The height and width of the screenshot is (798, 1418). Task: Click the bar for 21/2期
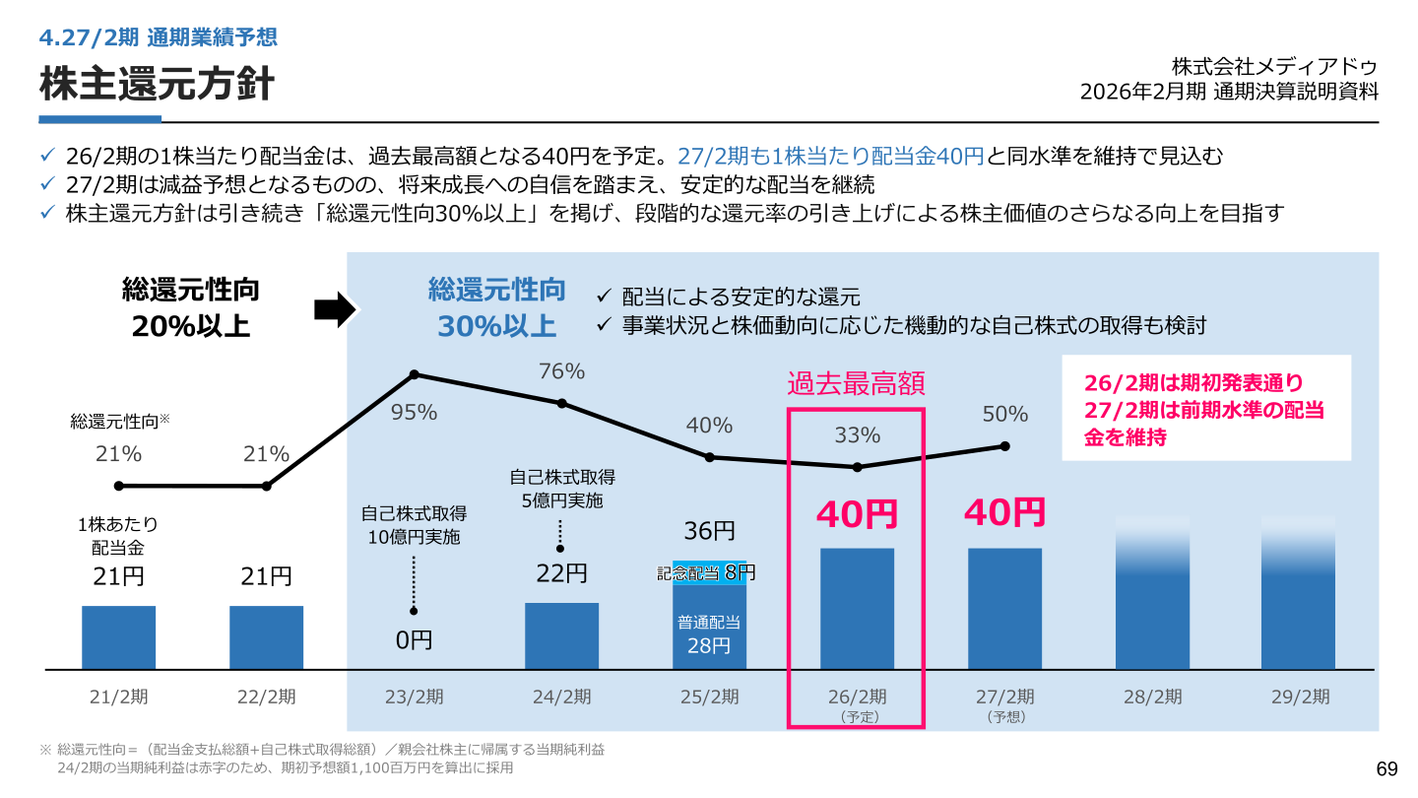pyautogui.click(x=118, y=637)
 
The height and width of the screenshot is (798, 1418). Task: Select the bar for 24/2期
pyautogui.click(x=561, y=635)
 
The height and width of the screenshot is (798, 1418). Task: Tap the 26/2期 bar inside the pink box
pyautogui.click(x=857, y=609)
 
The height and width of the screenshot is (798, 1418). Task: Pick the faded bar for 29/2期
pyautogui.click(x=1298, y=593)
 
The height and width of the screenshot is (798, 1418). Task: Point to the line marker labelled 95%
pyautogui.click(x=414, y=375)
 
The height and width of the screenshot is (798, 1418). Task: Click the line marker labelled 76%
pyautogui.click(x=561, y=404)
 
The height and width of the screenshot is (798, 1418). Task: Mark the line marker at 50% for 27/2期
pyautogui.click(x=1005, y=446)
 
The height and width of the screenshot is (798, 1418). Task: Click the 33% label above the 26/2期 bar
pyautogui.click(x=857, y=435)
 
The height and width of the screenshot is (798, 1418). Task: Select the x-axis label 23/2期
pyautogui.click(x=414, y=697)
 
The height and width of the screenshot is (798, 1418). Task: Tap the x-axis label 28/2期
pyautogui.click(x=1153, y=697)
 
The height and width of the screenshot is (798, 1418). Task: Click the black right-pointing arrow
pyautogui.click(x=335, y=309)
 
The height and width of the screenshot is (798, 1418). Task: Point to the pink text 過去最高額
pyautogui.click(x=856, y=384)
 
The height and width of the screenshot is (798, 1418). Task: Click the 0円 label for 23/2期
pyautogui.click(x=414, y=640)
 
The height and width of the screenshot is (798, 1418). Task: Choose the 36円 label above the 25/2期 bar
pyautogui.click(x=709, y=531)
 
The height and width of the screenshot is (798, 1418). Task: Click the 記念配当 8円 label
pyautogui.click(x=706, y=573)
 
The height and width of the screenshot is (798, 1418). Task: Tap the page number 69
pyautogui.click(x=1386, y=768)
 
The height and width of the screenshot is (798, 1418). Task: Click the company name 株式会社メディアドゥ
pyautogui.click(x=1274, y=67)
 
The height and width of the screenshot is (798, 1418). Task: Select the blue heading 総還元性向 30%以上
pyautogui.click(x=497, y=307)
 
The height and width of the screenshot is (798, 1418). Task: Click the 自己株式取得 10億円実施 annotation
pyautogui.click(x=414, y=525)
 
